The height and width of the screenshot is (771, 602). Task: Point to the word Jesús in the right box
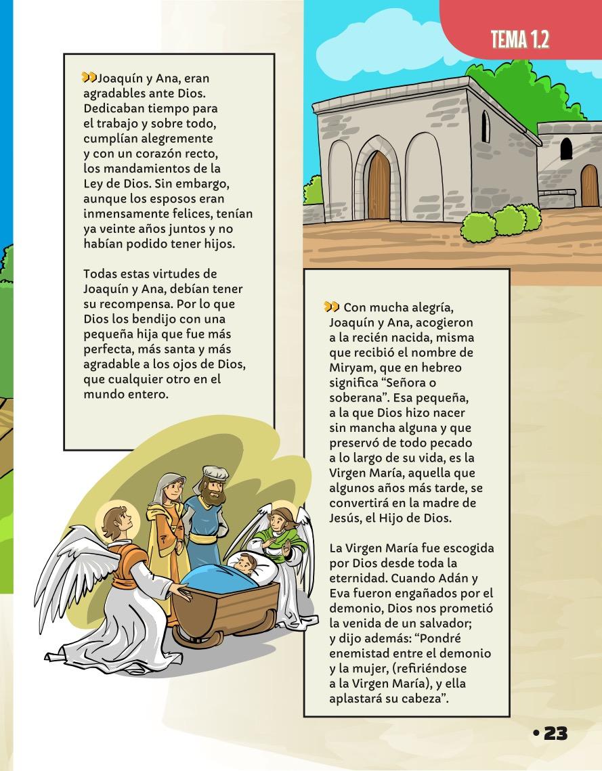[347, 518]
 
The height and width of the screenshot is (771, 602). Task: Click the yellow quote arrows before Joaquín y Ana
[88, 78]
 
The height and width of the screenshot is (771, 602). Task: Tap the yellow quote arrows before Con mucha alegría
[331, 307]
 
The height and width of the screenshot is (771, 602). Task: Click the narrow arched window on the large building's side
[485, 127]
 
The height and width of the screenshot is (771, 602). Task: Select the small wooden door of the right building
[589, 187]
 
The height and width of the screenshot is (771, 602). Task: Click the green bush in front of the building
[509, 221]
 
